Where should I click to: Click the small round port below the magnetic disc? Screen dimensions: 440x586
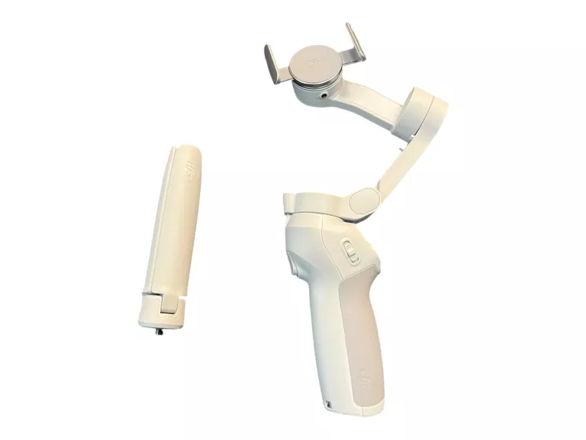click(x=326, y=97)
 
